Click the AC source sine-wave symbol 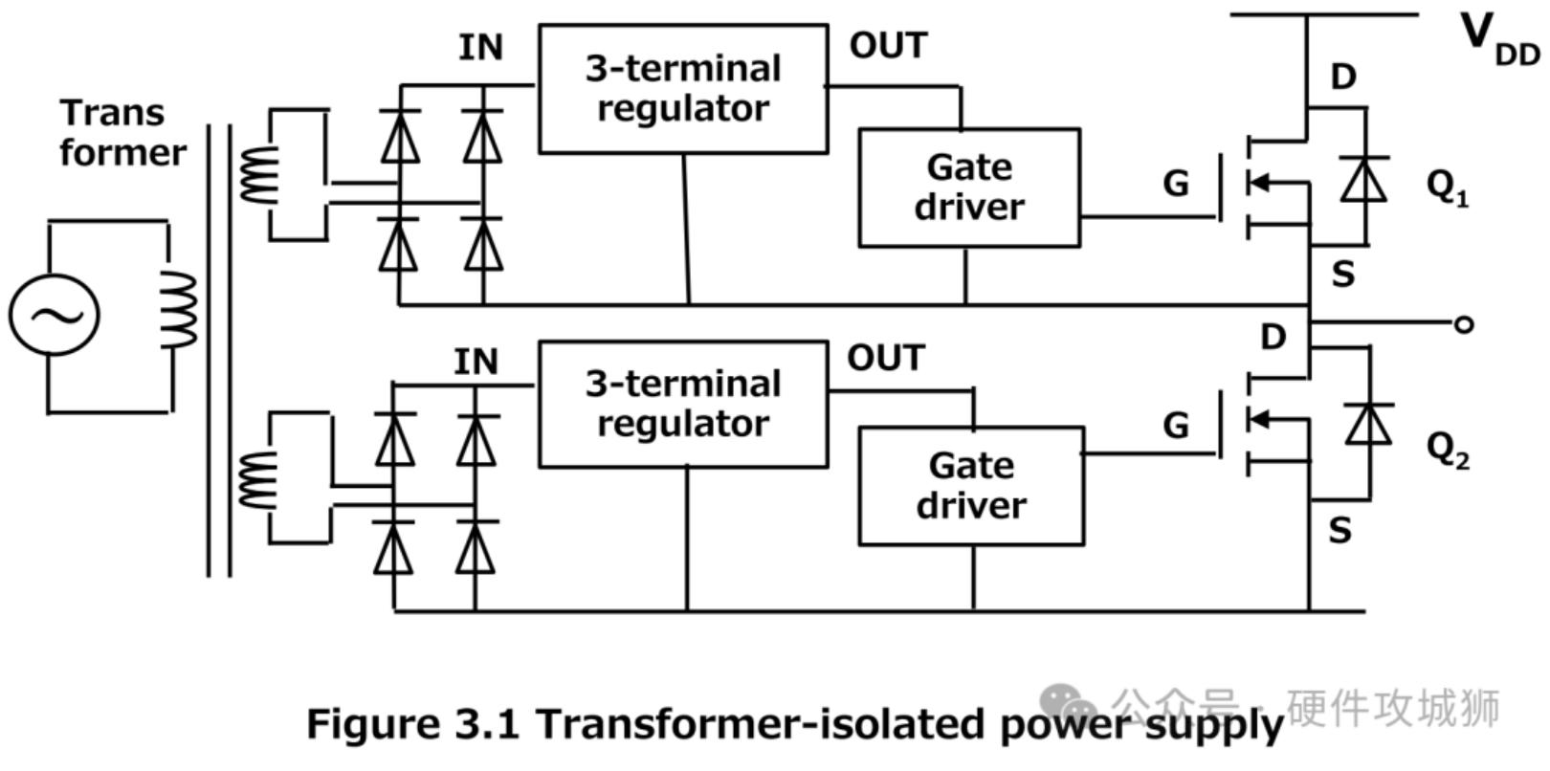[55, 315]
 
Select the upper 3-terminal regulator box [682, 88]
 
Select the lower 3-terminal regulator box [682, 404]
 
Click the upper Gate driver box [968, 187]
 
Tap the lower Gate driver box [970, 486]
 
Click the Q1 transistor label [1447, 186]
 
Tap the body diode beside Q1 [1363, 179]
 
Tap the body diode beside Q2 [1368, 424]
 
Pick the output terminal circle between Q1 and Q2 [1463, 324]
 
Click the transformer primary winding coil [180, 309]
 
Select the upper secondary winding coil [258, 175]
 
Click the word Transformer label [122, 133]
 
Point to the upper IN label [480, 47]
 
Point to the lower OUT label [885, 359]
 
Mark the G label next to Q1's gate [1176, 183]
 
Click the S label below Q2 [1340, 529]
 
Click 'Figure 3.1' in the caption [412, 724]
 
